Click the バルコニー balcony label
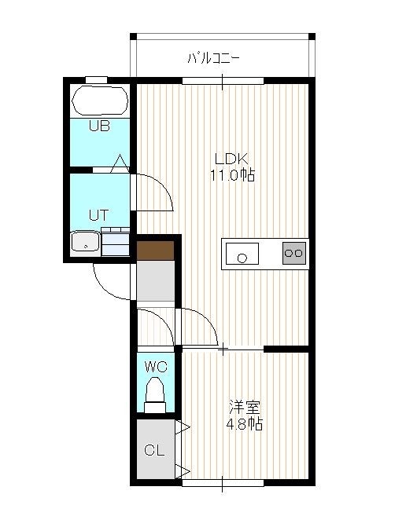[213, 58]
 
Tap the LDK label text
[231, 159]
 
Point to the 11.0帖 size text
[233, 175]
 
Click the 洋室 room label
[245, 408]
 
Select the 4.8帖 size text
[245, 424]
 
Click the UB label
[99, 126]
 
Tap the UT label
[98, 215]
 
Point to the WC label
[156, 367]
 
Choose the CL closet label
[154, 450]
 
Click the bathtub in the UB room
[100, 101]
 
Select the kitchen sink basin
[242, 254]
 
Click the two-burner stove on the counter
[294, 253]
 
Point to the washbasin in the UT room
[86, 241]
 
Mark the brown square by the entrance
[156, 251]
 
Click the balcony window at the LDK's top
[223, 81]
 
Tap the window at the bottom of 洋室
[223, 483]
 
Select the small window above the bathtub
[96, 79]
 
